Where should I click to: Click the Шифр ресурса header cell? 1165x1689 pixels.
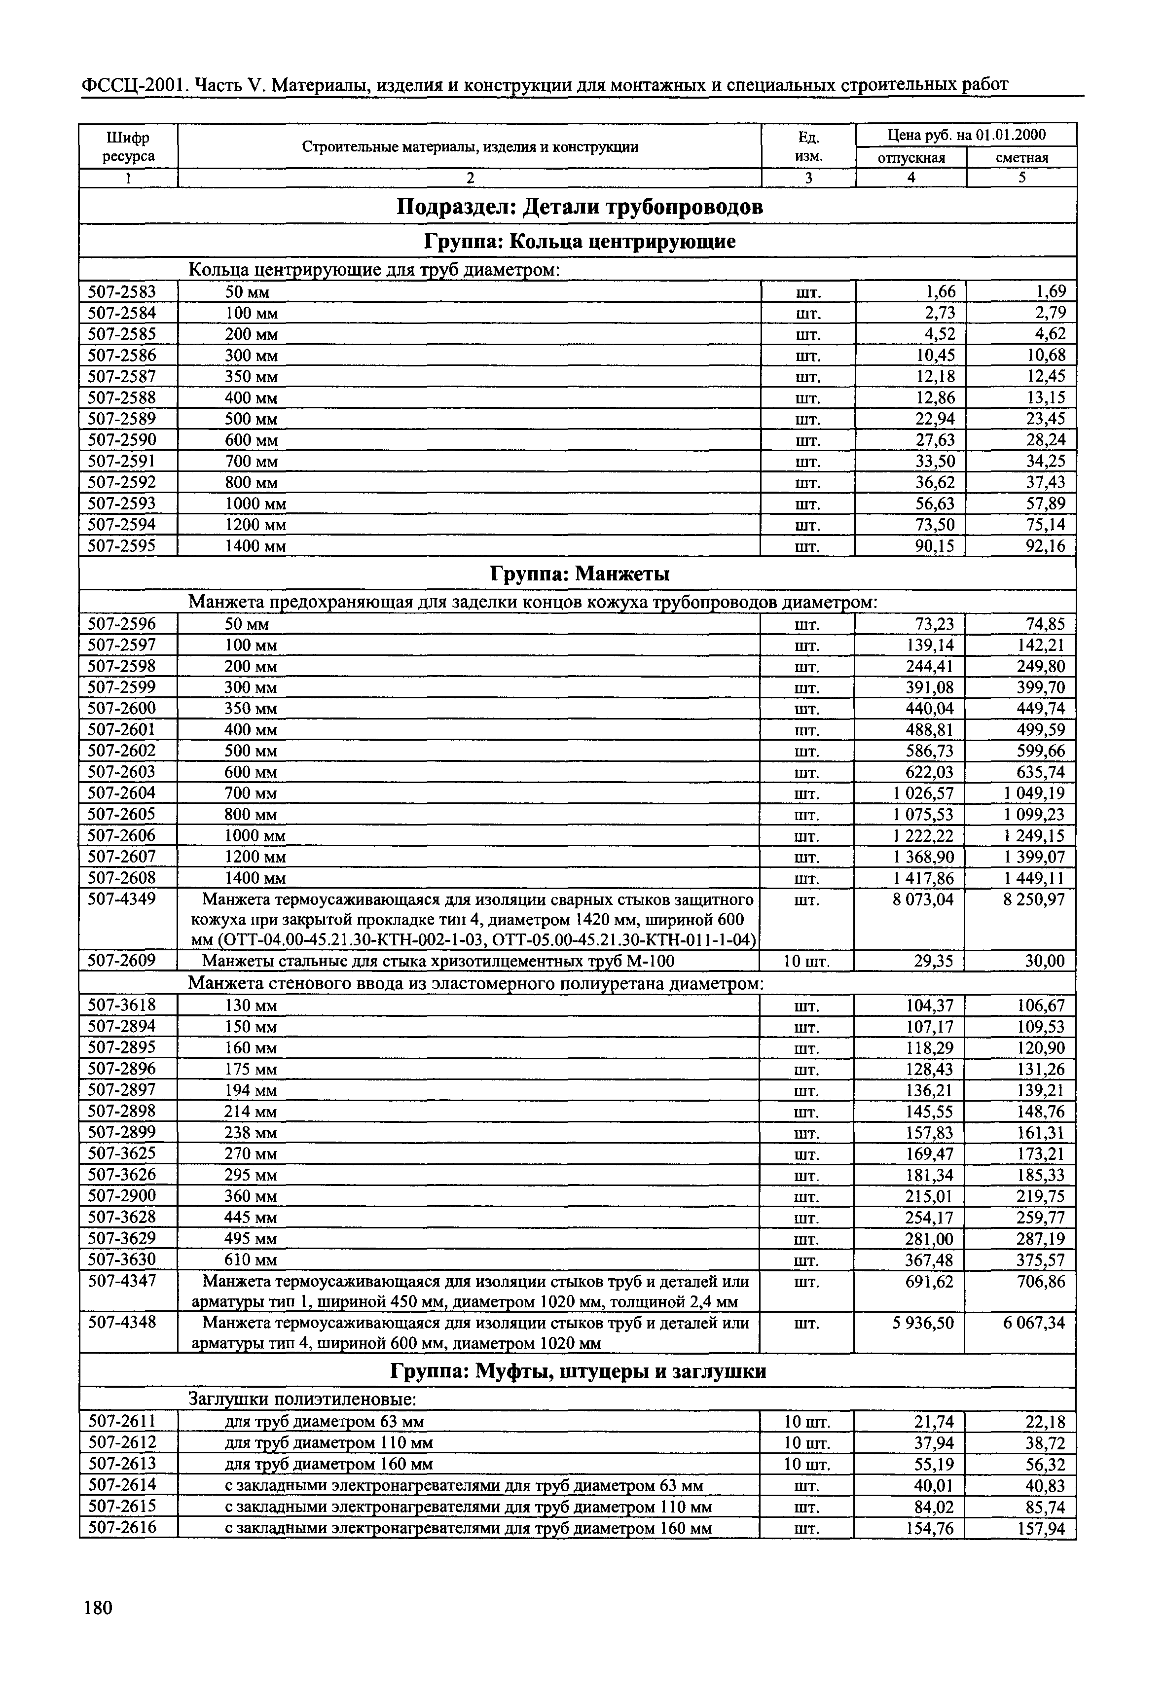(128, 147)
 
